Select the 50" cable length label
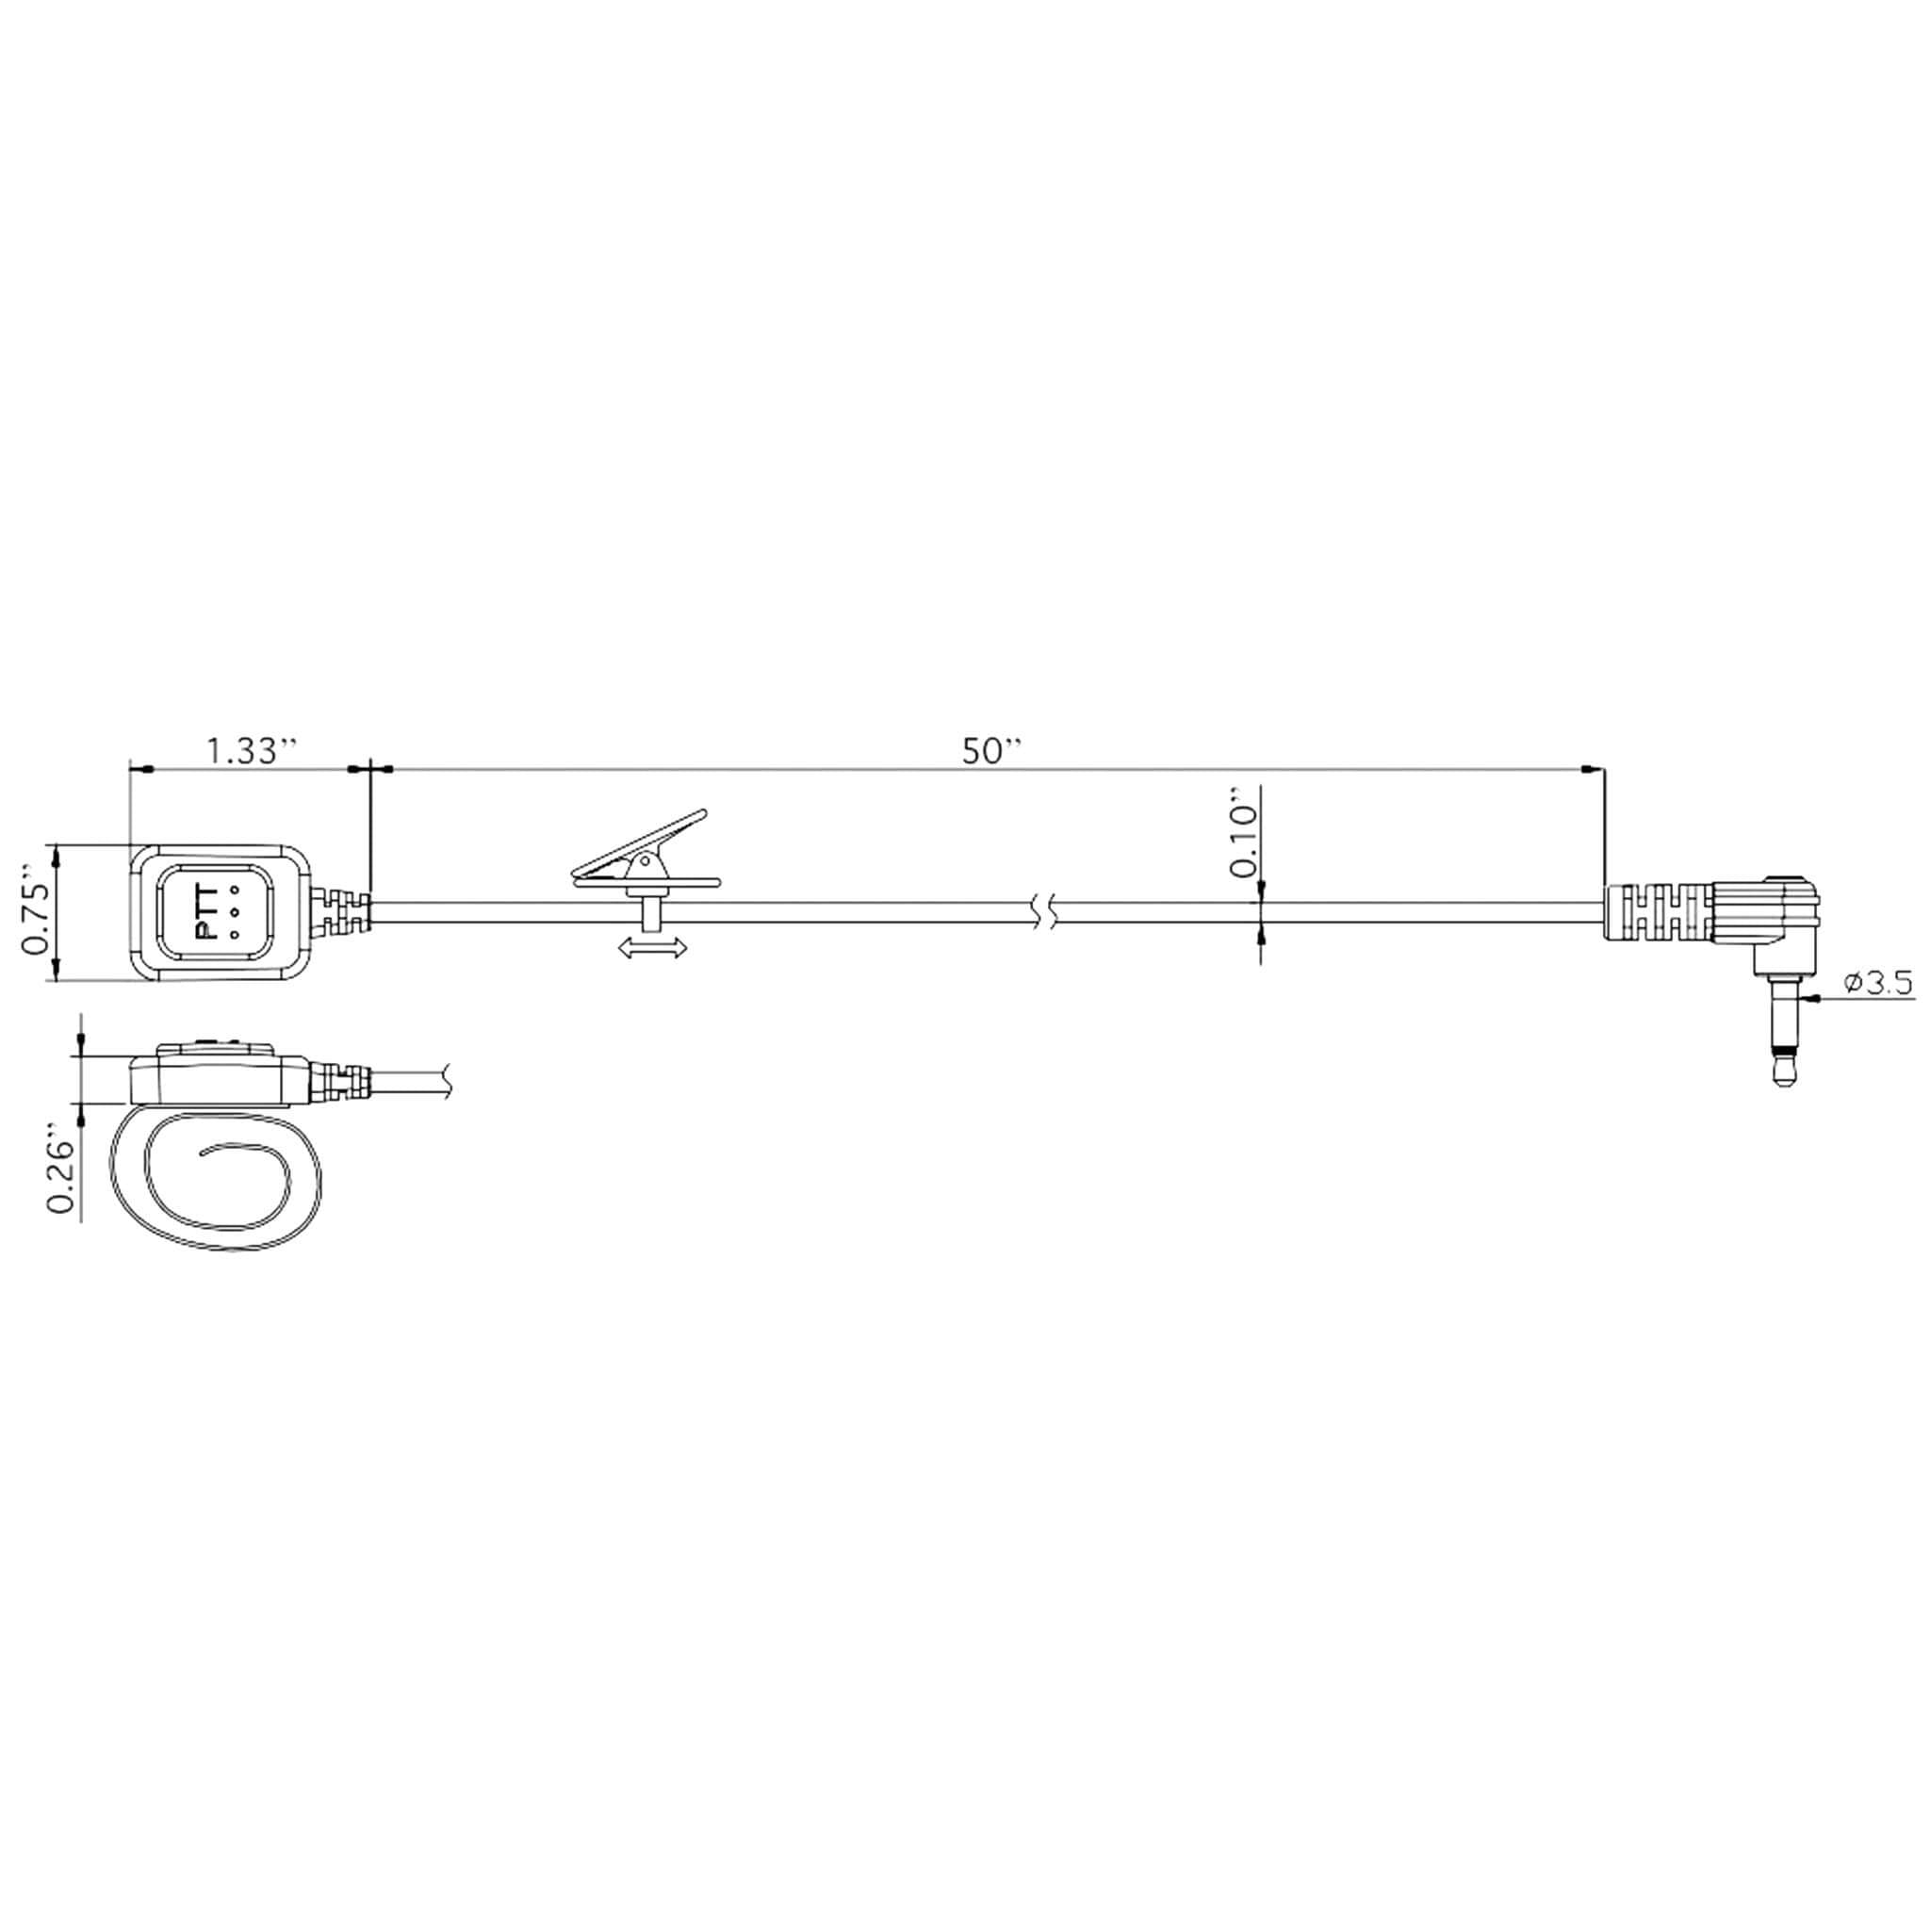click(993, 751)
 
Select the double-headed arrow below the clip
click(653, 947)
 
